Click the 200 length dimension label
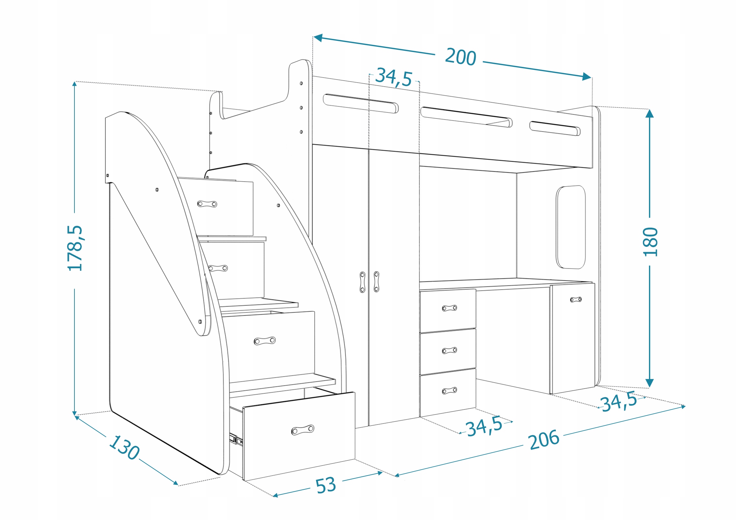(x=460, y=57)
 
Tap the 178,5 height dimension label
(x=75, y=248)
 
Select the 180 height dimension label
(x=650, y=242)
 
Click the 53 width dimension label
(x=325, y=485)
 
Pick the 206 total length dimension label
(x=544, y=440)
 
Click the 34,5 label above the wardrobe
(x=394, y=77)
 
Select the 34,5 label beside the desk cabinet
(x=619, y=402)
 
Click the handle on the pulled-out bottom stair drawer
(x=302, y=430)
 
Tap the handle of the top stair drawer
(x=207, y=204)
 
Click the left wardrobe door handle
(x=362, y=282)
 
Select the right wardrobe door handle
(x=376, y=281)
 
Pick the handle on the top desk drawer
(x=449, y=308)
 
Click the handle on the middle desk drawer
(x=449, y=350)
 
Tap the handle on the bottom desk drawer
(x=449, y=391)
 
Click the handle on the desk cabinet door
(x=575, y=300)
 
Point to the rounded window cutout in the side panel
(x=571, y=227)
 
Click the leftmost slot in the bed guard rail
(x=360, y=103)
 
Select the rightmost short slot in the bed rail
(x=555, y=128)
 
